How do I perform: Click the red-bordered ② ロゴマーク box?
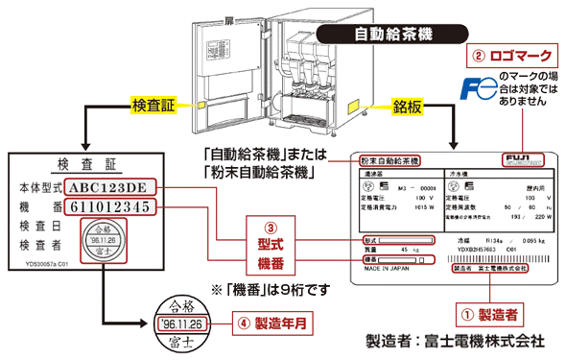pos(507,54)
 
